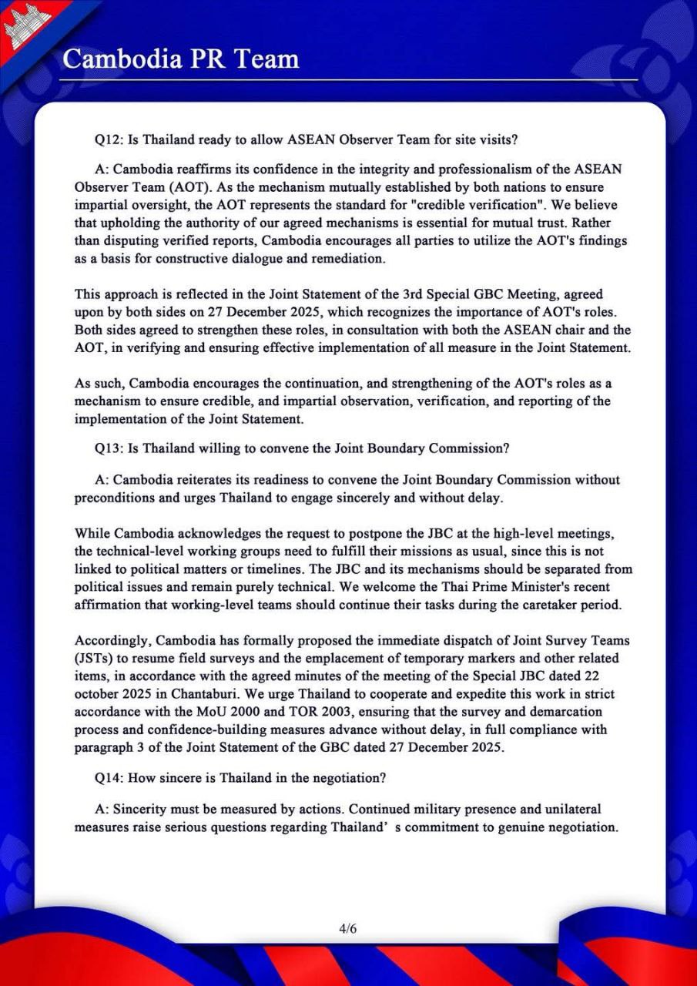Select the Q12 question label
coord(105,139)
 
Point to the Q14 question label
coord(105,778)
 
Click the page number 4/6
coord(348,928)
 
